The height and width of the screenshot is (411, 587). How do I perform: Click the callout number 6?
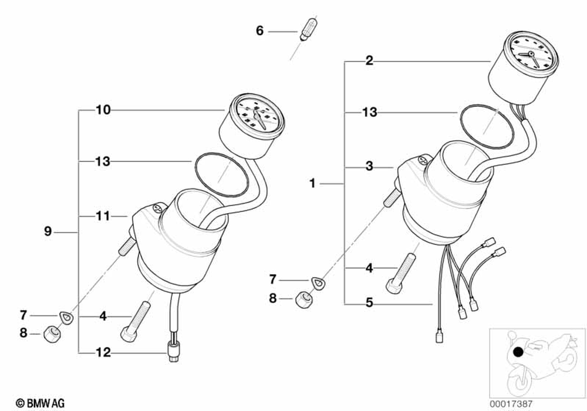coord(259,31)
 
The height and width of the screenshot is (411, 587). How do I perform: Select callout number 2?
coord(369,60)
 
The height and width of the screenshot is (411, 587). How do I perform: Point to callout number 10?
coord(103,110)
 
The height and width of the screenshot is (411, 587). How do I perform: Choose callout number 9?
coord(48,232)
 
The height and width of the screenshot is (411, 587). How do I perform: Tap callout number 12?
coord(103,353)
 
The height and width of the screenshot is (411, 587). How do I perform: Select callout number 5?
coord(369,304)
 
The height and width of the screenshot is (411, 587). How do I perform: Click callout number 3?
coord(369,167)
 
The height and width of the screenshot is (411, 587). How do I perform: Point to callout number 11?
coord(103,217)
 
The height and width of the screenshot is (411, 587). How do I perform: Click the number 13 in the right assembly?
coord(369,112)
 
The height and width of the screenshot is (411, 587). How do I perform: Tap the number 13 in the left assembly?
coord(103,161)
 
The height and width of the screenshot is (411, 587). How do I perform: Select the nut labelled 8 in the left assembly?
coord(51,335)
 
